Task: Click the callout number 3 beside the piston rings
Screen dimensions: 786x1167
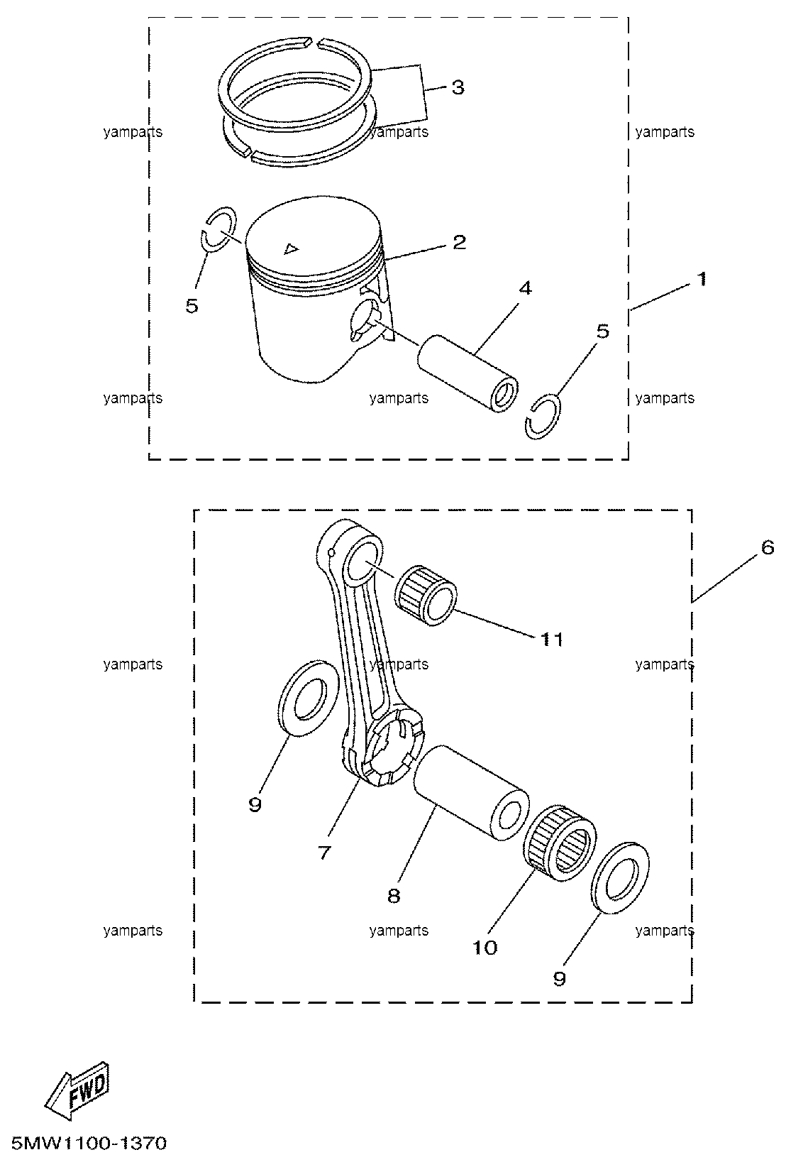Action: (458, 87)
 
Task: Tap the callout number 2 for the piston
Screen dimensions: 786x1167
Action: (459, 242)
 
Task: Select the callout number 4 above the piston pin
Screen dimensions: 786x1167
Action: (525, 288)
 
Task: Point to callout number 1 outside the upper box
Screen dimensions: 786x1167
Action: (702, 279)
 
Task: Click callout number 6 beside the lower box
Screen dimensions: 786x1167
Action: (768, 547)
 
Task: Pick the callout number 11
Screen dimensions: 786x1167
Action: (552, 640)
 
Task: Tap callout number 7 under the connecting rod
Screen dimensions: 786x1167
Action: (324, 853)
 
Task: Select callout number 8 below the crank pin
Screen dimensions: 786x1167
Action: (394, 896)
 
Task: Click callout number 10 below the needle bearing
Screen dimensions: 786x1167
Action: (485, 947)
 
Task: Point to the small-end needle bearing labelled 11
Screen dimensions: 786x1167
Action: (425, 594)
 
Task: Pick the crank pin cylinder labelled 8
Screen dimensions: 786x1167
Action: (470, 792)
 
